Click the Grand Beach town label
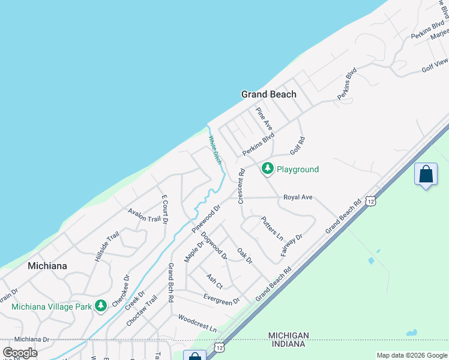(x=268, y=94)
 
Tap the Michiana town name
(x=47, y=265)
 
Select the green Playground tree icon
(x=268, y=169)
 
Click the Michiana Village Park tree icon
(x=101, y=306)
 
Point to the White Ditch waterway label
(x=215, y=149)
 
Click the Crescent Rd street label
(x=241, y=185)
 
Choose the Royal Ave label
(x=298, y=197)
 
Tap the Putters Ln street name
(x=272, y=227)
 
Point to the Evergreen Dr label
(x=221, y=299)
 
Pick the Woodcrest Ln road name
(x=197, y=322)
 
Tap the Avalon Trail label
(x=144, y=215)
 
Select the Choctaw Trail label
(x=142, y=311)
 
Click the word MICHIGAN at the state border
(x=289, y=335)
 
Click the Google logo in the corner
(x=20, y=353)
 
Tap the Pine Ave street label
(x=264, y=119)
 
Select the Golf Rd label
(x=298, y=144)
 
